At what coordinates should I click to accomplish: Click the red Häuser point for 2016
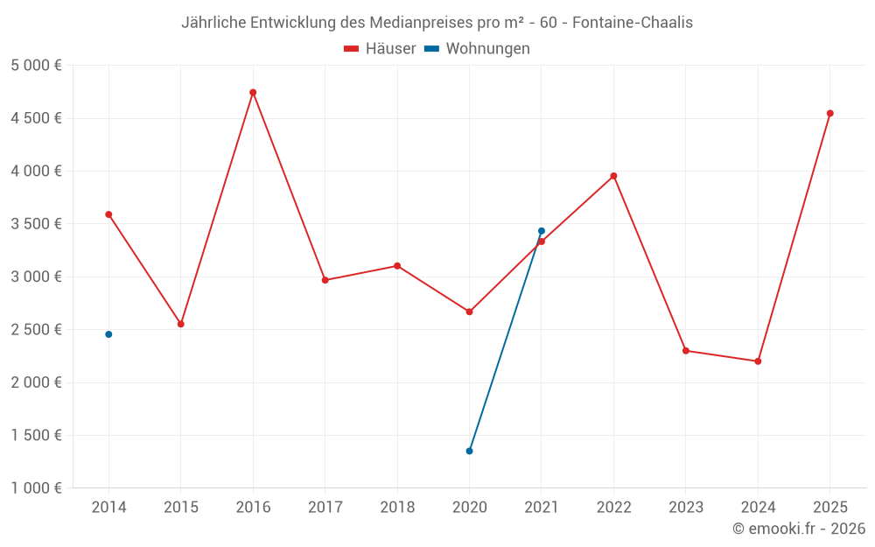(253, 92)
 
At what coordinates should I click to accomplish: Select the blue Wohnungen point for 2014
(108, 334)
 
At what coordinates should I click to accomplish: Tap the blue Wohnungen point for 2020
(469, 451)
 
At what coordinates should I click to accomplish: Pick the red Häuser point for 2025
(829, 113)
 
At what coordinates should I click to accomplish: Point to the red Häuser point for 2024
(758, 361)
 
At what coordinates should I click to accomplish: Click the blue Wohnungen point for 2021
(542, 231)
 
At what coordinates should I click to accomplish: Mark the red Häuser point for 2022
(613, 176)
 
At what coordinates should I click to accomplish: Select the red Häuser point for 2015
(181, 324)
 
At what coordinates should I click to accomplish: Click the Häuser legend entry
(380, 49)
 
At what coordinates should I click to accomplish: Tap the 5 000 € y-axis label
(36, 66)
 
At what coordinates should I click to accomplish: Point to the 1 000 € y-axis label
(36, 488)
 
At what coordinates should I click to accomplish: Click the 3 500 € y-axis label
(36, 224)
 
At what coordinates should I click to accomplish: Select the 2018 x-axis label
(397, 508)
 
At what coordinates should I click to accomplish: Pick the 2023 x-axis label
(685, 508)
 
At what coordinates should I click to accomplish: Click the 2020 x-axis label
(469, 508)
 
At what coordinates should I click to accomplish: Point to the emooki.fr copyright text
(799, 529)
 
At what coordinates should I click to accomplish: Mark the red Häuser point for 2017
(325, 280)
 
